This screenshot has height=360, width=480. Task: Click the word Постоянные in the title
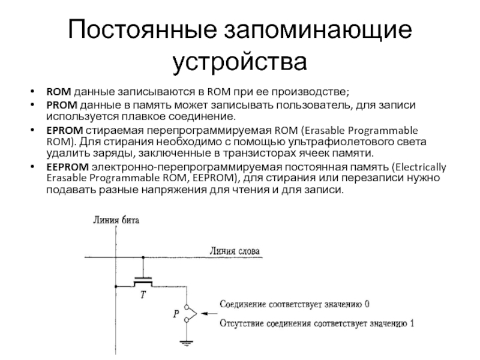pyautogui.click(x=142, y=29)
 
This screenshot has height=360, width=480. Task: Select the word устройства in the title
pyautogui.click(x=239, y=62)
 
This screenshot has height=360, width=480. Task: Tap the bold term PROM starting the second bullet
pyautogui.click(x=62, y=105)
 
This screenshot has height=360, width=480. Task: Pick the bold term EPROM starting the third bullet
pyautogui.click(x=65, y=130)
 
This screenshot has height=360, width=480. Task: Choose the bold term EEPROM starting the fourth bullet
pyautogui.click(x=67, y=167)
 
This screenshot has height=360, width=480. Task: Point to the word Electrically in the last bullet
pyautogui.click(x=421, y=167)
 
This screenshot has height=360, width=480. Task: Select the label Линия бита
pyautogui.click(x=116, y=220)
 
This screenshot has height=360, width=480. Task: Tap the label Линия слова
pyautogui.click(x=235, y=251)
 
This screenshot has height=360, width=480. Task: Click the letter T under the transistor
pyautogui.click(x=143, y=295)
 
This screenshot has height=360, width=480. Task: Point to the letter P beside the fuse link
pyautogui.click(x=176, y=314)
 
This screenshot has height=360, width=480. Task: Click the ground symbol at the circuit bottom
pyautogui.click(x=186, y=343)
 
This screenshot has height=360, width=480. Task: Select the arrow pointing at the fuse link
pyautogui.click(x=210, y=313)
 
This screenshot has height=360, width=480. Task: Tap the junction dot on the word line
pyautogui.click(x=143, y=257)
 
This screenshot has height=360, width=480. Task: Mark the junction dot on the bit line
pyautogui.click(x=116, y=287)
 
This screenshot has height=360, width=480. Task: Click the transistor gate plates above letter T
pyautogui.click(x=143, y=280)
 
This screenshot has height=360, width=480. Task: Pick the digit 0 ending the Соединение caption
pyautogui.click(x=367, y=304)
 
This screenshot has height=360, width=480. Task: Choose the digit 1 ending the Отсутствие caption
pyautogui.click(x=412, y=323)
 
